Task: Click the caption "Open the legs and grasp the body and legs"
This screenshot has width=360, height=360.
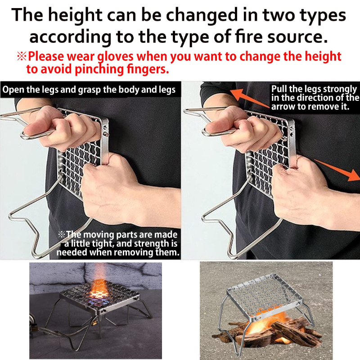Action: click(89, 90)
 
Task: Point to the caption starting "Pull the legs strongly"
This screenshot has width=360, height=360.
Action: click(315, 98)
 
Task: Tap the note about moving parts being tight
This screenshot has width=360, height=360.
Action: click(118, 243)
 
